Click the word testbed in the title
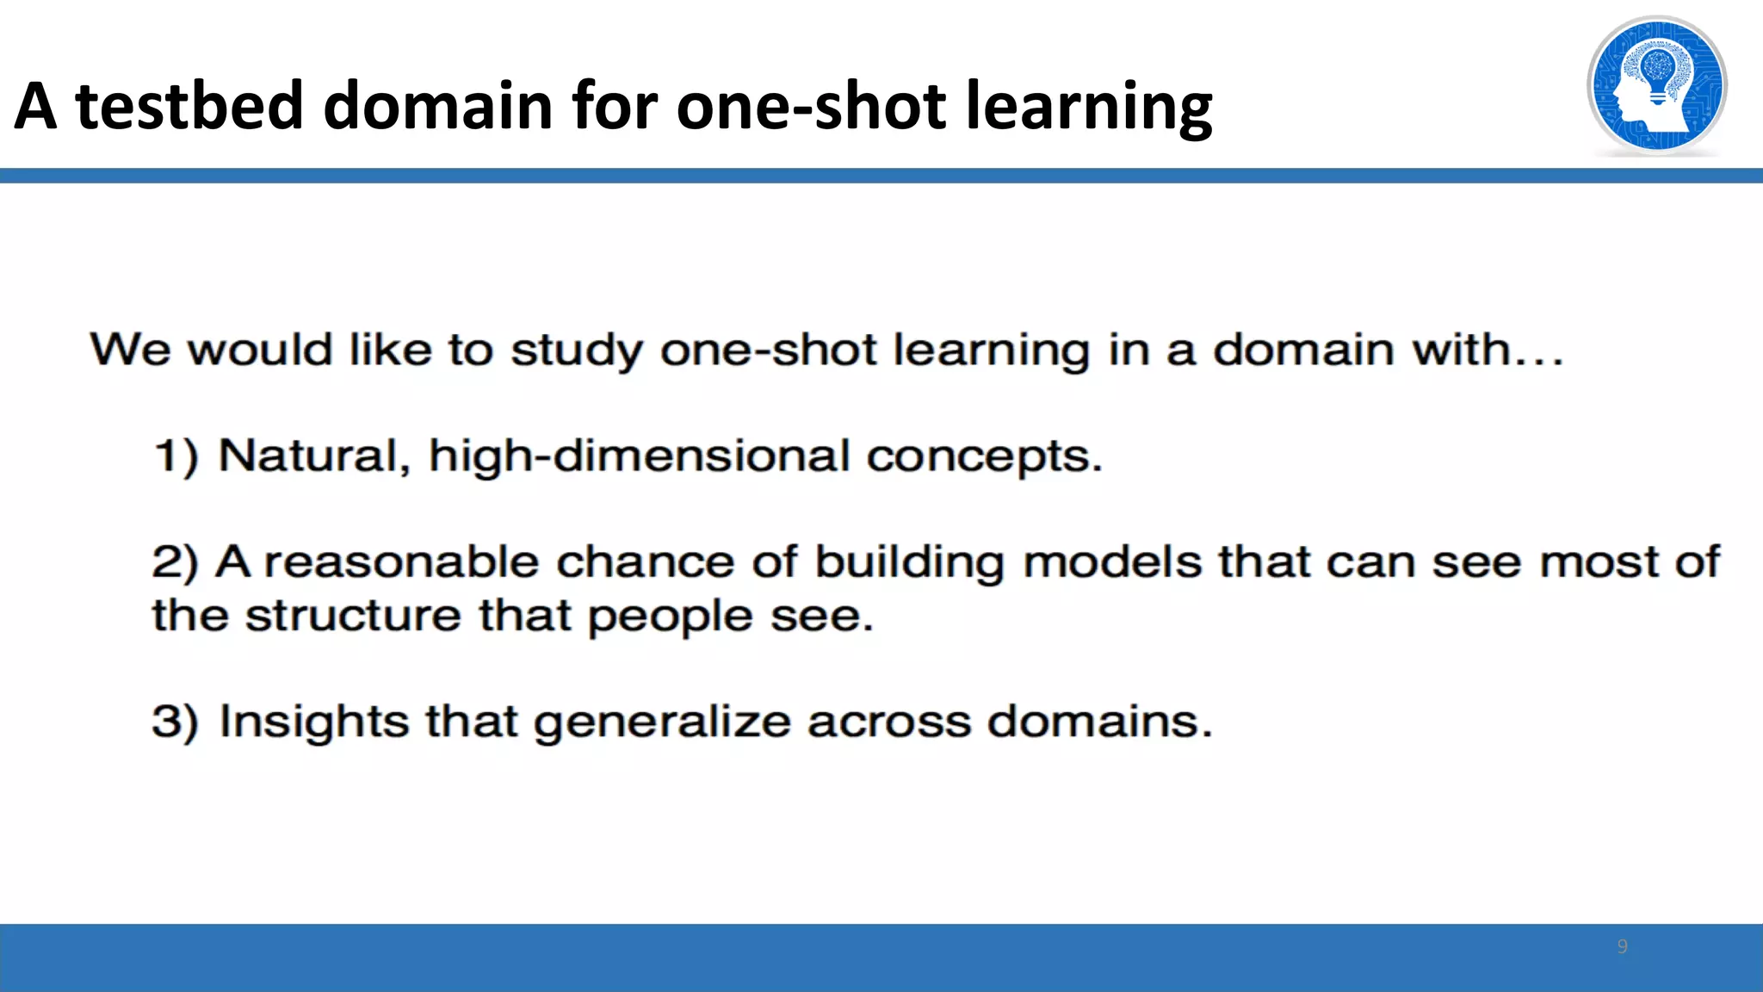coord(190,107)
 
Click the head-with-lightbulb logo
coord(1656,86)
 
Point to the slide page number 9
coord(1622,946)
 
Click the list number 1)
coord(176,456)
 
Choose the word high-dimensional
coord(639,456)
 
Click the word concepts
coord(983,456)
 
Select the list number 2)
coord(175,563)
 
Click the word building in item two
coord(909,563)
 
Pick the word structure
coord(353,617)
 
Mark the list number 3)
coord(175,722)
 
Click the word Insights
coord(313,722)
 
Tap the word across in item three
coord(888,722)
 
